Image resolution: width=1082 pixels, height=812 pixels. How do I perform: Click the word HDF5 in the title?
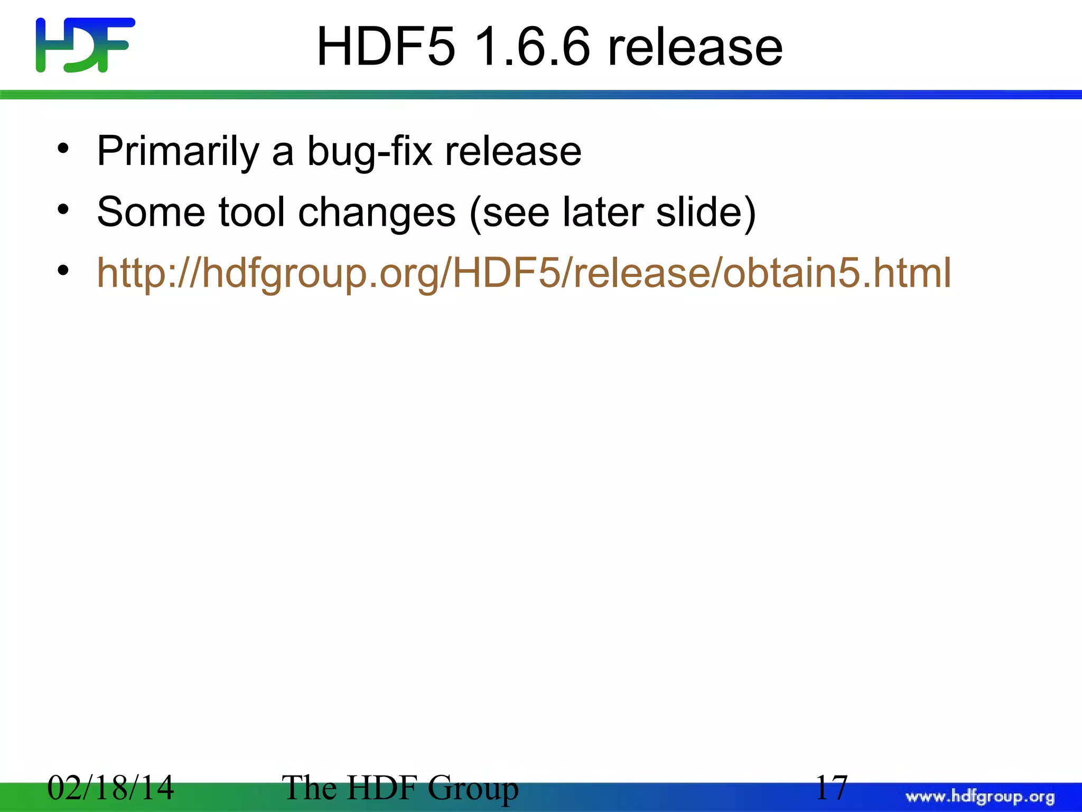[385, 48]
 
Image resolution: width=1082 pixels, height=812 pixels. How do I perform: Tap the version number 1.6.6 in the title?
[531, 48]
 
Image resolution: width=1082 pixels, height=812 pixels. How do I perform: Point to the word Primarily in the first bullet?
[178, 152]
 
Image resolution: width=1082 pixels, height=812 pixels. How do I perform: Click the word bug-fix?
[369, 152]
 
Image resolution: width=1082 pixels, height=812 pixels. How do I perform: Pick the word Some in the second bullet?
[151, 213]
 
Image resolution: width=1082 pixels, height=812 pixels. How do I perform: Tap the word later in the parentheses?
[602, 213]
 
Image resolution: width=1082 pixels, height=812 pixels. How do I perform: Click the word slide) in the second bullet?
[706, 213]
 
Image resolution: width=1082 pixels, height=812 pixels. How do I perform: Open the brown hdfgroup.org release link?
[524, 273]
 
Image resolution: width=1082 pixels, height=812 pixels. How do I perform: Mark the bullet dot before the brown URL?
[63, 271]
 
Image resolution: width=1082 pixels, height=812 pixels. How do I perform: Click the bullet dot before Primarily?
[63, 149]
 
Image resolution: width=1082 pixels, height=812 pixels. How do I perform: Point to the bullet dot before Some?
[63, 210]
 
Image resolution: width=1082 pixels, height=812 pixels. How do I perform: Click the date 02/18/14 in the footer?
[110, 788]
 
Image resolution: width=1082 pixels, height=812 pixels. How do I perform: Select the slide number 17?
[831, 788]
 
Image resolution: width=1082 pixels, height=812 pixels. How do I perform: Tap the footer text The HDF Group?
[400, 788]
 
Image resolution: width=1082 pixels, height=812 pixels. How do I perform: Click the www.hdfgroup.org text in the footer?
[980, 797]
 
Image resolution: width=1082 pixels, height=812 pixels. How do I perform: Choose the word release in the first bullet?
[513, 152]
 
